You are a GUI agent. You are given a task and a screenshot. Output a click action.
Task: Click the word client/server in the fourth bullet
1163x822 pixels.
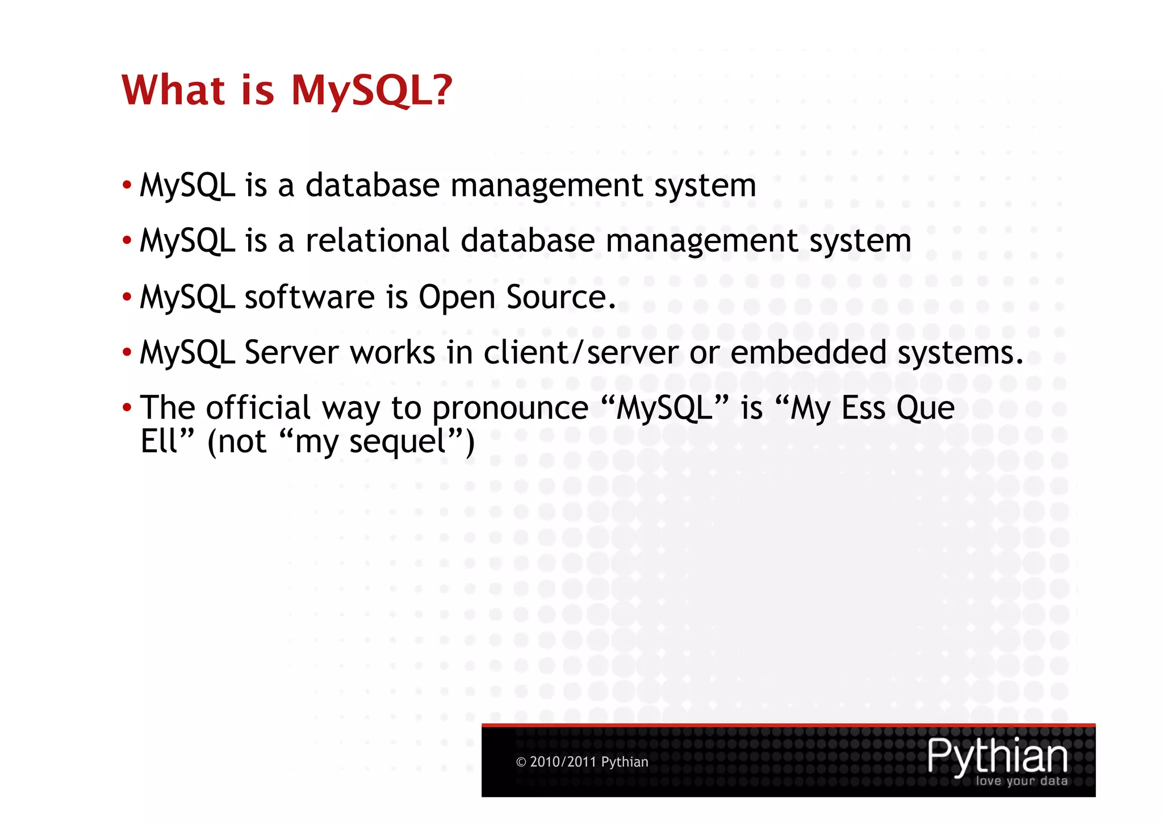click(581, 352)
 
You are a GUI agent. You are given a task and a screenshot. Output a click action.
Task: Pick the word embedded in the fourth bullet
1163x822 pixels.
click(808, 352)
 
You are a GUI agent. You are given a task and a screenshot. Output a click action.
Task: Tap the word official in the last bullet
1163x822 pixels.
click(258, 407)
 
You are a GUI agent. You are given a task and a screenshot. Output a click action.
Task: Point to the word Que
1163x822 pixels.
click(926, 407)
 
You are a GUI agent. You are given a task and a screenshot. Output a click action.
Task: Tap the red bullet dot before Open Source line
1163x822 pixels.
click(127, 297)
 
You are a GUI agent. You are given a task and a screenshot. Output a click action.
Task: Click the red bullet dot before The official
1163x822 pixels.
click(127, 407)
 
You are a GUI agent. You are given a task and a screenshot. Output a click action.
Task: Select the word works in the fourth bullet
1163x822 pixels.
click(392, 352)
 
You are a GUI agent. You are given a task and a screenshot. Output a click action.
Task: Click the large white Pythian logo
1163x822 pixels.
click(997, 756)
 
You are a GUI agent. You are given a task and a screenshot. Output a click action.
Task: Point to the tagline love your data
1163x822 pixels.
click(1021, 781)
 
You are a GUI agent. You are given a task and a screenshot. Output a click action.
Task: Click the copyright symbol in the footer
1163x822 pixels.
click(521, 762)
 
